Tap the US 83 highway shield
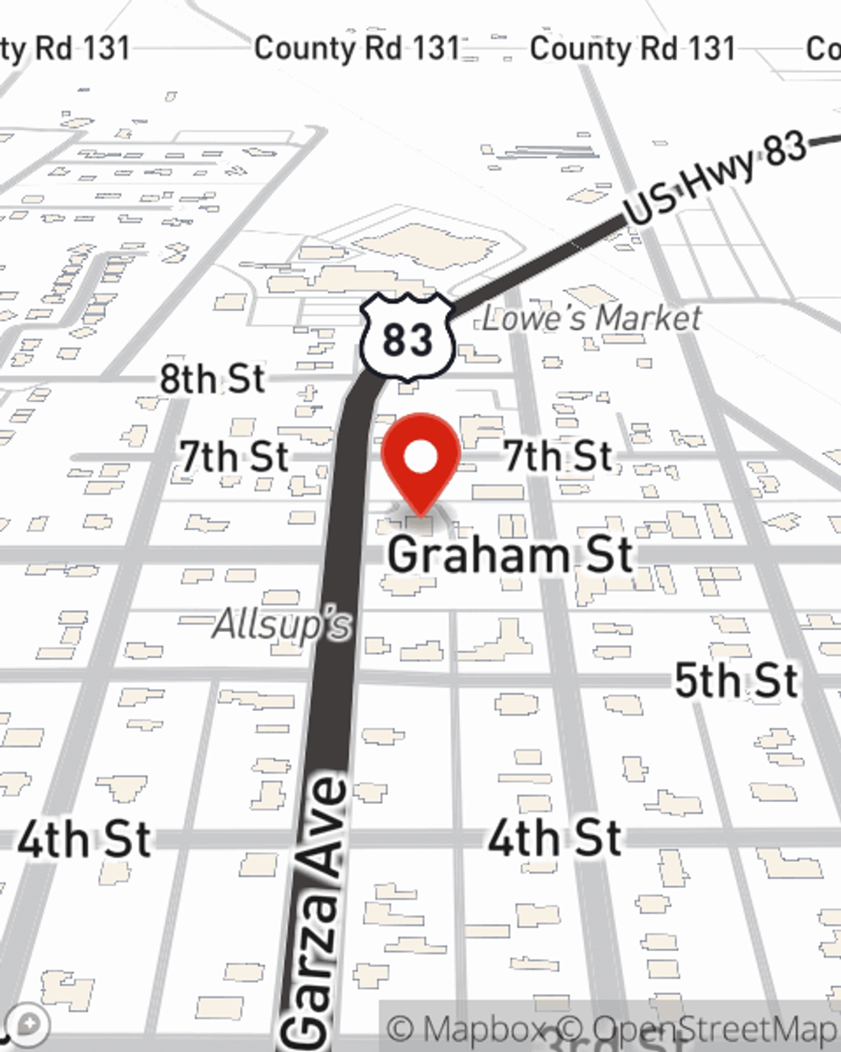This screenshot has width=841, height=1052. coord(408,337)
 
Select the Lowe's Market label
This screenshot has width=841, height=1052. coord(591,318)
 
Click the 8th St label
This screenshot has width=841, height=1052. coord(212,380)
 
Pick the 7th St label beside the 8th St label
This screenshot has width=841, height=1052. coord(235,457)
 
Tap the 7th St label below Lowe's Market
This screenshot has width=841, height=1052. coord(558,456)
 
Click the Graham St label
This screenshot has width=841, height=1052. coord(510,555)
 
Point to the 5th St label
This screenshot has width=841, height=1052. coord(736,680)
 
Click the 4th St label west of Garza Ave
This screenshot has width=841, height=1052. coord(84,840)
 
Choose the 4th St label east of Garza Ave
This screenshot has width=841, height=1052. coord(555,838)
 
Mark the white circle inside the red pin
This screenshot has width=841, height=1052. coord(420,458)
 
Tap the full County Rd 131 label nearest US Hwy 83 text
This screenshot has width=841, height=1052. coord(632,48)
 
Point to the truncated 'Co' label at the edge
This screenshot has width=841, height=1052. coord(823,48)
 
